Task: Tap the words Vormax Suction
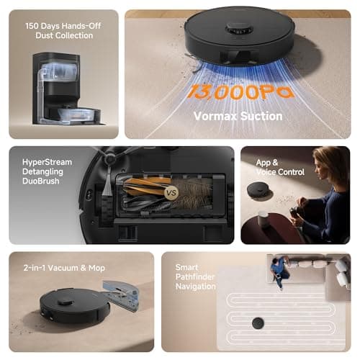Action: [238, 116]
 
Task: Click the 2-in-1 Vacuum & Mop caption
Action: [67, 268]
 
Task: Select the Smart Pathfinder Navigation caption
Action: [195, 276]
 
